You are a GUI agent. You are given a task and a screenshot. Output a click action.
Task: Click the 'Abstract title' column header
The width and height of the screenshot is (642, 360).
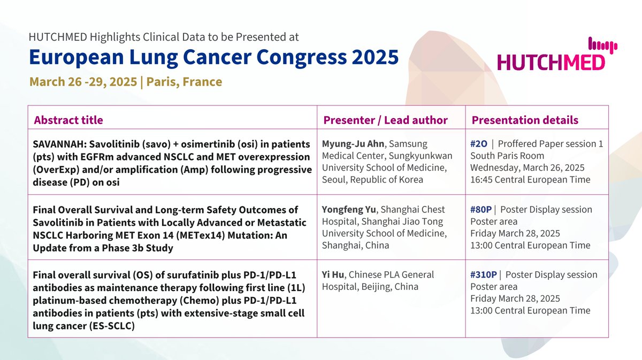[x=68, y=120]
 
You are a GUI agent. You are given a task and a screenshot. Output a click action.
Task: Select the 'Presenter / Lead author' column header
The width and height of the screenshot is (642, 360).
[x=385, y=120]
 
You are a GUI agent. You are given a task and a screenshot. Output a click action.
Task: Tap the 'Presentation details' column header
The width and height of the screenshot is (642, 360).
[x=524, y=120]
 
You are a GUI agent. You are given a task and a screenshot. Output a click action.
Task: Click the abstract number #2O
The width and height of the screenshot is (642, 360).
[x=479, y=144]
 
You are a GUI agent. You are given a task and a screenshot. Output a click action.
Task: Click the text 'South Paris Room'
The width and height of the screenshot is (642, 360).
[x=507, y=156]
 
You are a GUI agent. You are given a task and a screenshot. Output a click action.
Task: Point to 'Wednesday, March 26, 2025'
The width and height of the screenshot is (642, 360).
[x=526, y=168]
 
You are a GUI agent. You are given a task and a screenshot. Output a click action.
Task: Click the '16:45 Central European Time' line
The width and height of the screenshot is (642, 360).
[x=530, y=180]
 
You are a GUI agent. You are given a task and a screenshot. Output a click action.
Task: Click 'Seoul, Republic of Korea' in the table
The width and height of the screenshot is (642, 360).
[x=372, y=180]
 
